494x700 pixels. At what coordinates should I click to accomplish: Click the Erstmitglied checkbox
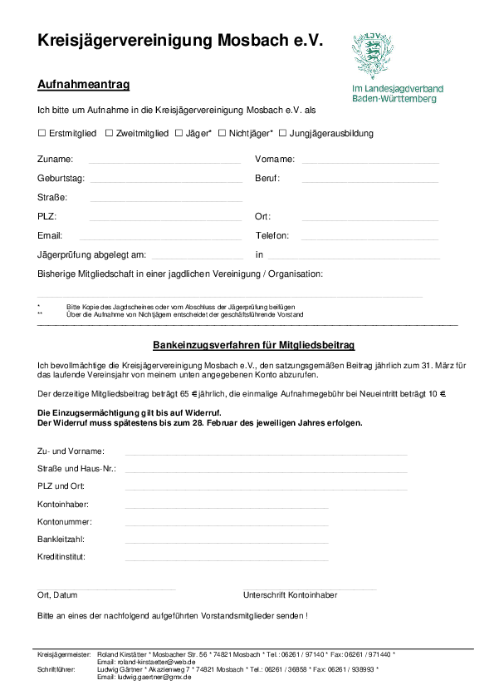[42, 133]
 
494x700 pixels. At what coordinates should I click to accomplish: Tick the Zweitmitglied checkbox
[109, 133]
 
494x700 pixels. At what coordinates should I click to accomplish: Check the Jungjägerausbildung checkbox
[282, 133]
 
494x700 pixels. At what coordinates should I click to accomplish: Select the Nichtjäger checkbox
[222, 133]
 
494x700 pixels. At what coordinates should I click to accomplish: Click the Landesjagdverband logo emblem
[370, 56]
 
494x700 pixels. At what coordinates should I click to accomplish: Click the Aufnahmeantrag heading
[83, 85]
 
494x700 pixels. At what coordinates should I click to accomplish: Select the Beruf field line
[369, 180]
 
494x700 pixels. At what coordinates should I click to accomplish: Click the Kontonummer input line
[226, 525]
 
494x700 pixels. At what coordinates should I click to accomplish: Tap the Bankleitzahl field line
[226, 542]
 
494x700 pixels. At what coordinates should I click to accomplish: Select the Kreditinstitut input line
[226, 560]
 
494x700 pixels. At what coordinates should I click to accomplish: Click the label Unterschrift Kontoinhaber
[290, 595]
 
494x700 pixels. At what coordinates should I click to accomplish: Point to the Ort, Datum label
[57, 595]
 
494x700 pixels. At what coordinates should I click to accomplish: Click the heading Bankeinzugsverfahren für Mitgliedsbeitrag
[242, 344]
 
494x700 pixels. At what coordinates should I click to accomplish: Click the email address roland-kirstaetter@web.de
[146, 662]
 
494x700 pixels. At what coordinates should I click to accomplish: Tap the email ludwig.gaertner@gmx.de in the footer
[144, 677]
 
